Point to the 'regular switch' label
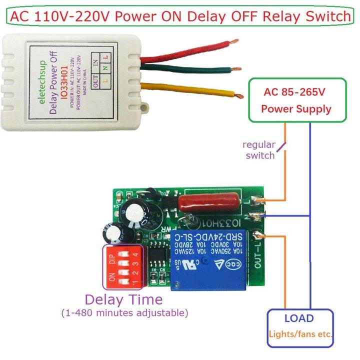click(258, 150)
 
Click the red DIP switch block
click(122, 266)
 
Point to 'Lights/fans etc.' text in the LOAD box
click(300, 334)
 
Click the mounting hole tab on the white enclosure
click(145, 106)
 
